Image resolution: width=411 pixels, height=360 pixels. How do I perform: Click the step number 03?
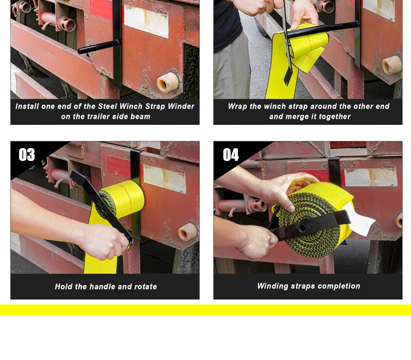click(x=27, y=155)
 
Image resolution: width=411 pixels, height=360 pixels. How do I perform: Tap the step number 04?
click(x=231, y=155)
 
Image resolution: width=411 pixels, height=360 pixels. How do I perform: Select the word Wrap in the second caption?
click(x=237, y=106)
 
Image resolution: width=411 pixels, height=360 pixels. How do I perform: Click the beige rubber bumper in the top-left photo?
click(x=168, y=82)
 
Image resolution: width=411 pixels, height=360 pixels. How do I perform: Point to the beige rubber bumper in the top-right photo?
click(x=391, y=65)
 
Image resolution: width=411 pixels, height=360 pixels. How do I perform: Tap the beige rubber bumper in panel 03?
click(x=188, y=232)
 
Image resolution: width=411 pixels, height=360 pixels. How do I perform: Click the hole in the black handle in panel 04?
click(x=302, y=228)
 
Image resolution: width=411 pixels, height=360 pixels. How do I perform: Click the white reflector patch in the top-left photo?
click(x=146, y=22)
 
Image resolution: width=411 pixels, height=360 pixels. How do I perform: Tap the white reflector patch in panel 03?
click(x=164, y=178)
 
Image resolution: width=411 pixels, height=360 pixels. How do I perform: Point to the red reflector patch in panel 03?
click(x=119, y=167)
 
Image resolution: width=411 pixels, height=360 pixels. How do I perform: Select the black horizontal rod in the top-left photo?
click(x=99, y=47)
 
